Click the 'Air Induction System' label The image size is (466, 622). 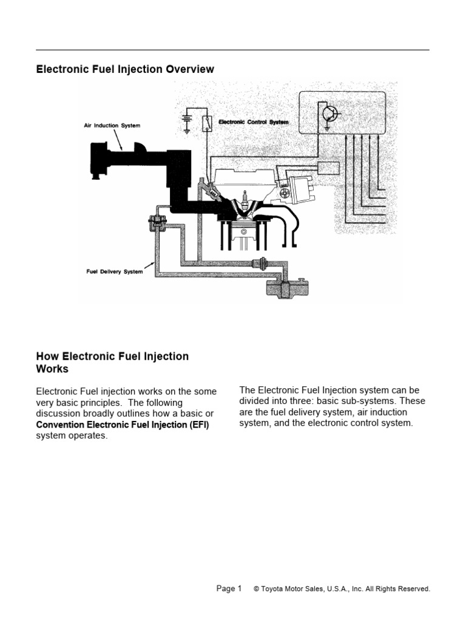point(112,126)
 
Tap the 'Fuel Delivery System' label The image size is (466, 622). point(114,272)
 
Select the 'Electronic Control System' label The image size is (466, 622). point(253,121)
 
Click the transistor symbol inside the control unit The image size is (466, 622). point(329,114)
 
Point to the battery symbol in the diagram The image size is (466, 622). point(186,120)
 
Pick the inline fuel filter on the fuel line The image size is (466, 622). point(262,264)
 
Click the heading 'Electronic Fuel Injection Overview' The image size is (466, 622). point(125,69)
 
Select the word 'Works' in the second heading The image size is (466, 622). point(52,369)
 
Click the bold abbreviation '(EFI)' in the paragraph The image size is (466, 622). point(197,425)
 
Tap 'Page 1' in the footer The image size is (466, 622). point(229,588)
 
